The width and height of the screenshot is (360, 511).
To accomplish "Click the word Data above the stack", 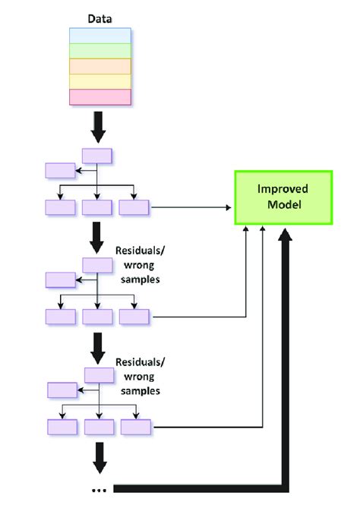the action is (99, 19).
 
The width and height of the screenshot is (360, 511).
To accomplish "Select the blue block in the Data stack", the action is (100, 36).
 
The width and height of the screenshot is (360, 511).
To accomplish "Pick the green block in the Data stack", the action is (100, 51).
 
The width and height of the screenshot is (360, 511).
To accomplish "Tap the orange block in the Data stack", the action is (100, 67).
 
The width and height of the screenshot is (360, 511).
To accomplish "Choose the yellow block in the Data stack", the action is (100, 82).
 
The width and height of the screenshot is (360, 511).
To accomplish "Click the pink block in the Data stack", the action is (100, 97).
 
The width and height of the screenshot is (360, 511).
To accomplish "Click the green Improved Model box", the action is (284, 197).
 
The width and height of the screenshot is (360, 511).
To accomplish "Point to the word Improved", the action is (283, 189).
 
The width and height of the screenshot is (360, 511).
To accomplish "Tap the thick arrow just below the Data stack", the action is (98, 127).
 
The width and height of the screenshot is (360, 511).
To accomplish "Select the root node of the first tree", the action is (97, 156).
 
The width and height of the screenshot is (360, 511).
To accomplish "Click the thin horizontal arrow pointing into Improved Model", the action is (191, 207).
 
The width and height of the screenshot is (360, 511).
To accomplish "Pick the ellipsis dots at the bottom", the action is (99, 490).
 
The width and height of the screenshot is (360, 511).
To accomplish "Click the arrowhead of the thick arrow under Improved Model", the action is (285, 235).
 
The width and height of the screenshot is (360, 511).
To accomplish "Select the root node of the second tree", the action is (97, 265).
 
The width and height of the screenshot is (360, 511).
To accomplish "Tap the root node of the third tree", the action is (99, 375).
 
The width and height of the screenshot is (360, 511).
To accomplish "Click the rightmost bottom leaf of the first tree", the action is (134, 207).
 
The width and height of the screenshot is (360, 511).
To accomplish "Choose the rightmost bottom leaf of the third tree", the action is (136, 427).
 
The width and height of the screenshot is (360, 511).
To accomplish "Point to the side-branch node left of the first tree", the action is (60, 171).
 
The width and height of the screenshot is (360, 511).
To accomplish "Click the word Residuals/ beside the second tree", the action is (141, 251).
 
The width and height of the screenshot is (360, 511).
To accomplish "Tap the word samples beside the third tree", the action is (141, 391).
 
